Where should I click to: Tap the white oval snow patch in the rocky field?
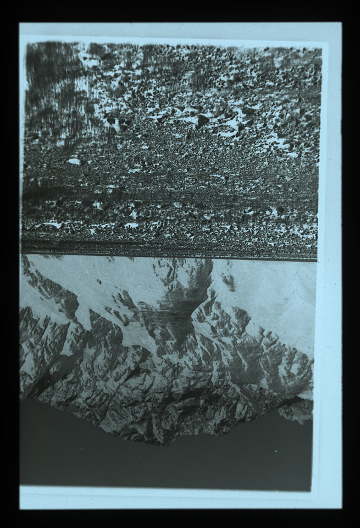click(x=73, y=161)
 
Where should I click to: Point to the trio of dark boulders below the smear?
click(x=118, y=122)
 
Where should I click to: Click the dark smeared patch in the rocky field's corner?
click(x=55, y=82)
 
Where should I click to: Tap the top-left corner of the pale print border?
click(x=20, y=23)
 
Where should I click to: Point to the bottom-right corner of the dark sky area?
click(x=312, y=490)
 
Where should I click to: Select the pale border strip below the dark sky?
click(x=165, y=499)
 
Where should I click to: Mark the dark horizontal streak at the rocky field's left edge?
click(x=38, y=193)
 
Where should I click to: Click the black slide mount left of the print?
click(x=9, y=264)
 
